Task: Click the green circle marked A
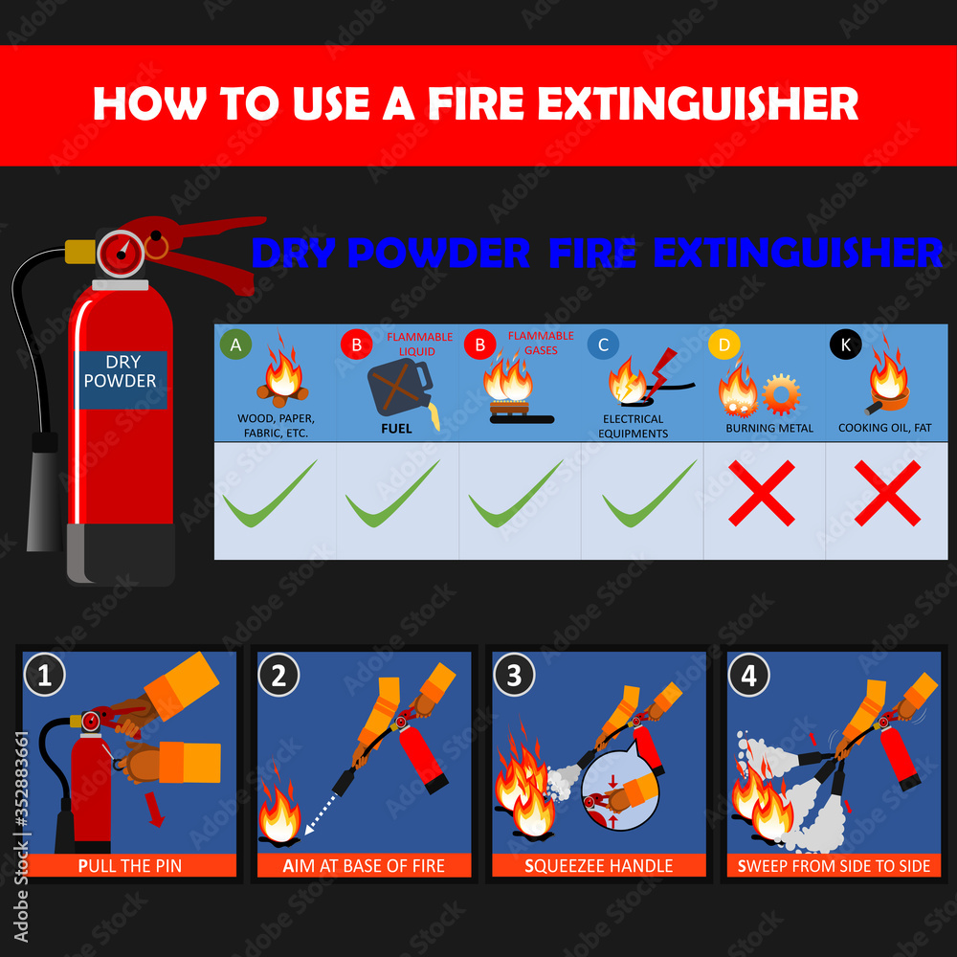click(231, 344)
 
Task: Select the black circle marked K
click(846, 345)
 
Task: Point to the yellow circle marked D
click(723, 345)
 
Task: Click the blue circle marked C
click(604, 345)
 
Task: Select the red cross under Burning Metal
click(762, 494)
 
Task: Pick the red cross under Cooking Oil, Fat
click(887, 494)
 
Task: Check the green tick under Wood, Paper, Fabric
click(270, 494)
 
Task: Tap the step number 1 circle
click(44, 676)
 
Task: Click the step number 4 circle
click(748, 676)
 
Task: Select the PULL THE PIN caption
click(129, 866)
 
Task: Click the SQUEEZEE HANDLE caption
click(599, 866)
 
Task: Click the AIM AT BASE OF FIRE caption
click(364, 866)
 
